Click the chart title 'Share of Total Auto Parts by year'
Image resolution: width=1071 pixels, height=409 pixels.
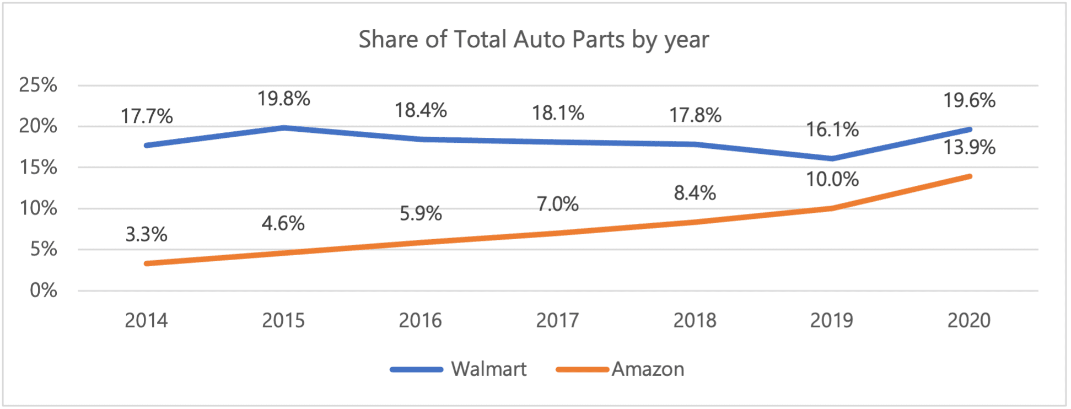coord(534,40)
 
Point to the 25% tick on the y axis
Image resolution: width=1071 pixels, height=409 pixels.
coord(38,85)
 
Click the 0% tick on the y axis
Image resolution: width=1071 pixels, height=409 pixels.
coord(44,290)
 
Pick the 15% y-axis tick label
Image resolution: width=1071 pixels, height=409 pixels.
coord(38,167)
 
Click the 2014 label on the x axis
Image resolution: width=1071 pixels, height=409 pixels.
coord(146,320)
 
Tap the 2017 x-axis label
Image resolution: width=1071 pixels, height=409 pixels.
coord(557,320)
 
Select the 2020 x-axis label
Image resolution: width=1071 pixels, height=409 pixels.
coord(968,320)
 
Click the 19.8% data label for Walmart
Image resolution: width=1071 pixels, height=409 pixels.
coord(283,99)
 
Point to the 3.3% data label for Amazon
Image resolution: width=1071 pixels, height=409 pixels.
coord(146,234)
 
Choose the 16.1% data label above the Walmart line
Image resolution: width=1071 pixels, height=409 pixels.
coord(832,130)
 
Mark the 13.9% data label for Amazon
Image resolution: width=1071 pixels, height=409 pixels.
coord(968,147)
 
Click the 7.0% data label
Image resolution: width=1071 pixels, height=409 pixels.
coord(557,204)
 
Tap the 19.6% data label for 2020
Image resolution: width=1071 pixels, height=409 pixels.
coord(968,100)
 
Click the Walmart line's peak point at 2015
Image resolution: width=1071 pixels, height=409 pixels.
coord(283,128)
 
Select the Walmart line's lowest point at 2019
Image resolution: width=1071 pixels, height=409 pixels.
coord(832,159)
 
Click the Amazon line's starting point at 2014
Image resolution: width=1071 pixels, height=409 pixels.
coord(147,263)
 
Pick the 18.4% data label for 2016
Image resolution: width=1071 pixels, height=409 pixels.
coord(420,110)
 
